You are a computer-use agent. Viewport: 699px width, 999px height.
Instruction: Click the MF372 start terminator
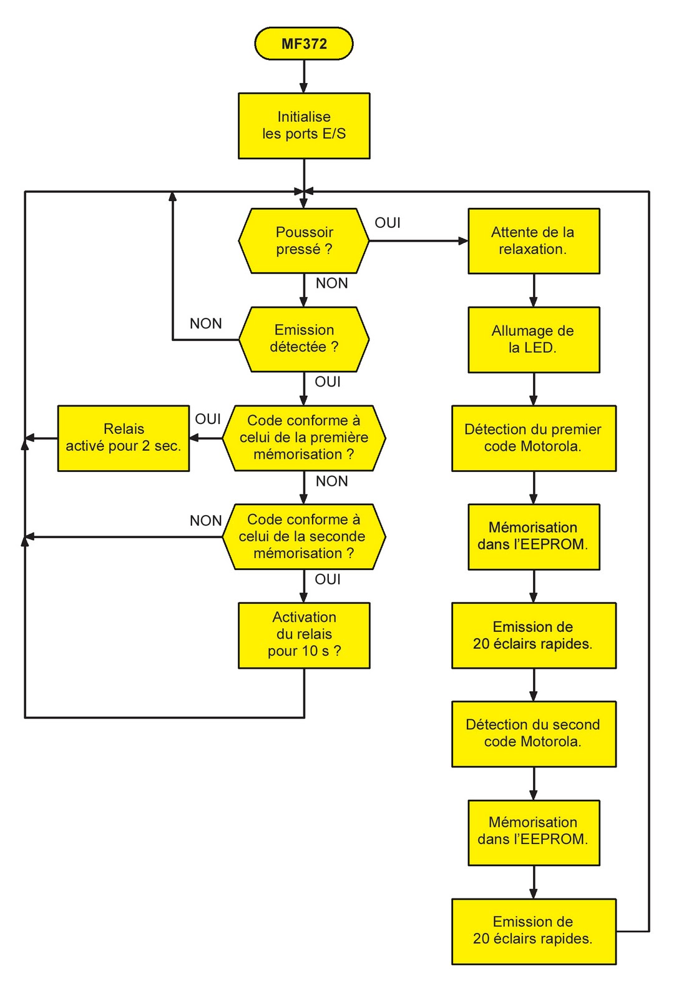[x=304, y=44]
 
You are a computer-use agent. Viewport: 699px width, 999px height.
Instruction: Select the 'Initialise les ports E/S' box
[x=304, y=125]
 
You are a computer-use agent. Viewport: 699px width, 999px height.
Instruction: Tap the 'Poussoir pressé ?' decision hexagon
[x=304, y=241]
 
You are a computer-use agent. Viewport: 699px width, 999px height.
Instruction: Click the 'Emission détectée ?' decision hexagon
[x=304, y=339]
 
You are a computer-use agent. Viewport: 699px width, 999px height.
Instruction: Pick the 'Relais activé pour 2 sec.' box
[x=124, y=438]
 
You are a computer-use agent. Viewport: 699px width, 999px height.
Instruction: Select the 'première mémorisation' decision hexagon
[x=304, y=438]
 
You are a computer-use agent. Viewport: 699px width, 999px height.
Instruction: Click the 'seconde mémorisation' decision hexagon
[x=304, y=536]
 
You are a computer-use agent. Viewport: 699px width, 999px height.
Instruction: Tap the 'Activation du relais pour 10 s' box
[x=304, y=635]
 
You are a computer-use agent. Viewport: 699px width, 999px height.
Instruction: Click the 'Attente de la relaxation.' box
[x=534, y=241]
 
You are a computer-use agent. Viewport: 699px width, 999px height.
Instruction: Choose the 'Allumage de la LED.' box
[x=534, y=339]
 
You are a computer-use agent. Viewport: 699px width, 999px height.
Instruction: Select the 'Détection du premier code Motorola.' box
[x=534, y=438]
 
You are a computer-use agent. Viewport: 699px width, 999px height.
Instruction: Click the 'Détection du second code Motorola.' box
[x=534, y=734]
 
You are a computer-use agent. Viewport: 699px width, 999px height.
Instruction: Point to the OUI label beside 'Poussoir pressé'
[x=388, y=223]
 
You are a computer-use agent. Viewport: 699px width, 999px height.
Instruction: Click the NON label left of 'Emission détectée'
[x=206, y=323]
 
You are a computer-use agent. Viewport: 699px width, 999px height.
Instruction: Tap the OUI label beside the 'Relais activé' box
[x=208, y=419]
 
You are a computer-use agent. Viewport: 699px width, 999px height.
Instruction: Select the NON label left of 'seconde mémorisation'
[x=206, y=521]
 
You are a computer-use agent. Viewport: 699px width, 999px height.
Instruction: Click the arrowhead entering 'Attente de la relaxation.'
[x=463, y=241]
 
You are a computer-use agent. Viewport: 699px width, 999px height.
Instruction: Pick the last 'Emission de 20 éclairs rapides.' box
[x=534, y=930]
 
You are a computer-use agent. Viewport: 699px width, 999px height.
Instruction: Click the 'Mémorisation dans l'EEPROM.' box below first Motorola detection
[x=534, y=536]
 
